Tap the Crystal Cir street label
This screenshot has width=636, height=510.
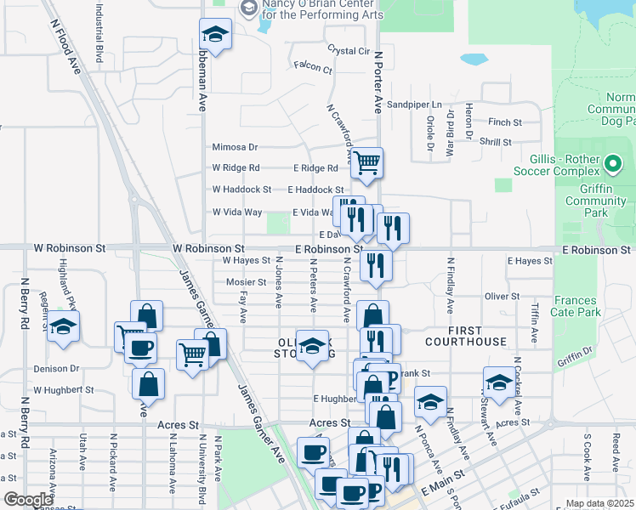point(349,51)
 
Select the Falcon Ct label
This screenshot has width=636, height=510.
point(312,65)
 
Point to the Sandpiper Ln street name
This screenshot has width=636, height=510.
point(415,105)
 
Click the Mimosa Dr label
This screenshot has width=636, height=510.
point(235,147)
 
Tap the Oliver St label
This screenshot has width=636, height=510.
point(502,297)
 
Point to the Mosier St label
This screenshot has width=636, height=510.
point(247,282)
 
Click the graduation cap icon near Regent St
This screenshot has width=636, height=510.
point(63,326)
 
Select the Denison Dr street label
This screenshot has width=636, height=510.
point(56,369)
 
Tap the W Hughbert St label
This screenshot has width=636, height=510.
point(64,390)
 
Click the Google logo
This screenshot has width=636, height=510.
point(28,500)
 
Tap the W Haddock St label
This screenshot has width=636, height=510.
point(241,190)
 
